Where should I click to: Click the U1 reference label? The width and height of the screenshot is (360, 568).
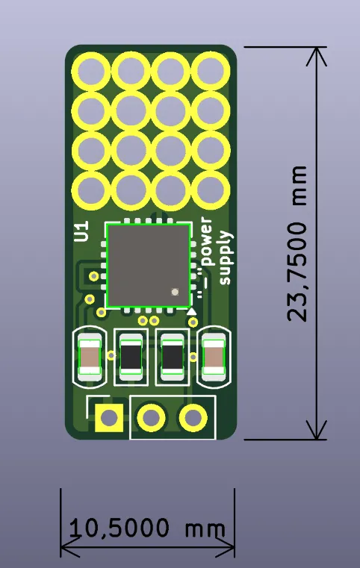point(82,231)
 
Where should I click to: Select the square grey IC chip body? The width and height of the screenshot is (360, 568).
point(147,265)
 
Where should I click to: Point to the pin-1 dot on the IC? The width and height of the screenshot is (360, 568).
point(175,293)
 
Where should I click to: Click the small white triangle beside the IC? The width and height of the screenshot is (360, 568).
point(192,310)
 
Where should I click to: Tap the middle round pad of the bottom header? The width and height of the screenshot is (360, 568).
point(152,418)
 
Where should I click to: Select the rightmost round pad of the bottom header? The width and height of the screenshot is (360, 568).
point(193,418)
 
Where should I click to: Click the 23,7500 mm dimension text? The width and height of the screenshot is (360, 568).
point(298,243)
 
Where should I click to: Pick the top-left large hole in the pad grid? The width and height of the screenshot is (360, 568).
point(92,72)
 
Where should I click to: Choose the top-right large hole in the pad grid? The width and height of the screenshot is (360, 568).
point(211,72)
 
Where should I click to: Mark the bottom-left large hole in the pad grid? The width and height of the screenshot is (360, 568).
point(92,190)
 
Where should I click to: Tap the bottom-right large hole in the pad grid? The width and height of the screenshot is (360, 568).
point(211,190)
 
